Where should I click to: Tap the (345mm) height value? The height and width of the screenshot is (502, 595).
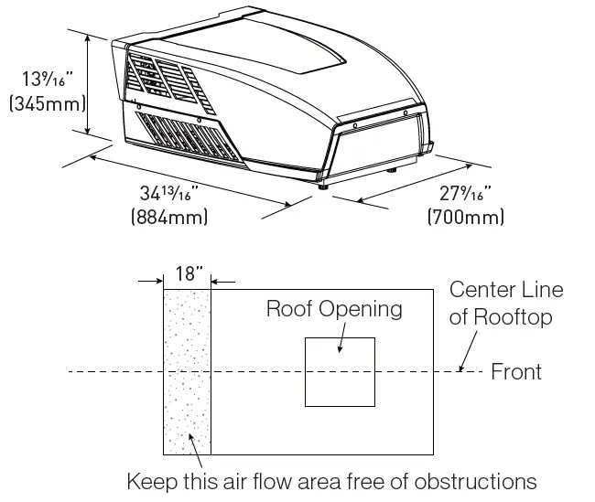click(43, 103)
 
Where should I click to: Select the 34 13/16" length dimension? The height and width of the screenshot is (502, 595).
click(170, 194)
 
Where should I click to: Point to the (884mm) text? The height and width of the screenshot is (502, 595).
click(170, 218)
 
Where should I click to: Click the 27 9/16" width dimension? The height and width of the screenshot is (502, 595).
click(465, 194)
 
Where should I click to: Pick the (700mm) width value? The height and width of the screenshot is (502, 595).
click(465, 218)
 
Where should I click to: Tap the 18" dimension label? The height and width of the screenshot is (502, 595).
click(188, 272)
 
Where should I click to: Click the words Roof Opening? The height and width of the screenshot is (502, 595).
click(334, 308)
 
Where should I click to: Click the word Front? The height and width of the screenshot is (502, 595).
click(516, 372)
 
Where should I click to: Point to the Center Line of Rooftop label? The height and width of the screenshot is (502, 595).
click(506, 303)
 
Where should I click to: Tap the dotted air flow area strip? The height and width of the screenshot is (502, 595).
click(187, 402)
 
